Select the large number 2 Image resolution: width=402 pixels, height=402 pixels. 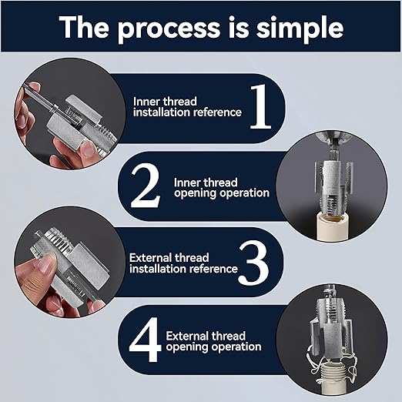145,186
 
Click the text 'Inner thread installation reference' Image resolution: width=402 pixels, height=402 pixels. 187,107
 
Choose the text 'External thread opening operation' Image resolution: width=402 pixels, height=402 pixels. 217,341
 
